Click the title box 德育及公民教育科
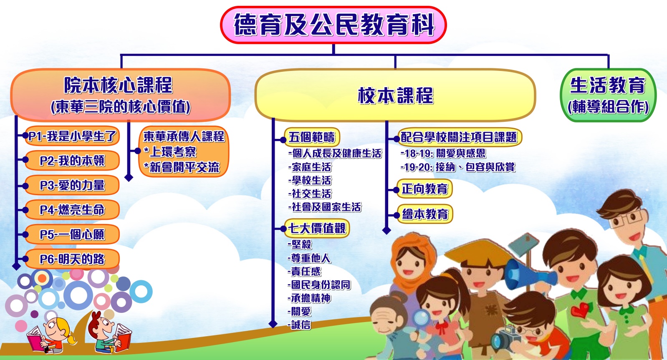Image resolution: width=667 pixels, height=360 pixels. [x=333, y=25]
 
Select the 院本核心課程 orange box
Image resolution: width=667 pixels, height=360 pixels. [x=121, y=95]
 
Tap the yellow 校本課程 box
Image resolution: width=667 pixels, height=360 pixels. [x=395, y=95]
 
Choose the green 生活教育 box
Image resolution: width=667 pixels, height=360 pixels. [x=608, y=95]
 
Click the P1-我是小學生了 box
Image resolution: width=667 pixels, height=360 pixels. [x=72, y=136]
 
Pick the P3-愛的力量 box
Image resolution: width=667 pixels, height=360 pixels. [x=72, y=185]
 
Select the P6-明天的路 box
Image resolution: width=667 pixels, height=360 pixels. [x=72, y=259]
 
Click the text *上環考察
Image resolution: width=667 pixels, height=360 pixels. [x=170, y=152]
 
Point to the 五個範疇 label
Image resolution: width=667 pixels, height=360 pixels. [x=312, y=137]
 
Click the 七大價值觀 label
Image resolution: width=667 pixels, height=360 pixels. [x=317, y=229]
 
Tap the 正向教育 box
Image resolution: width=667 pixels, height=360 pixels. [x=424, y=189]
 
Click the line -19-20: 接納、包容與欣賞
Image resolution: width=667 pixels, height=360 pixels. [x=458, y=167]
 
